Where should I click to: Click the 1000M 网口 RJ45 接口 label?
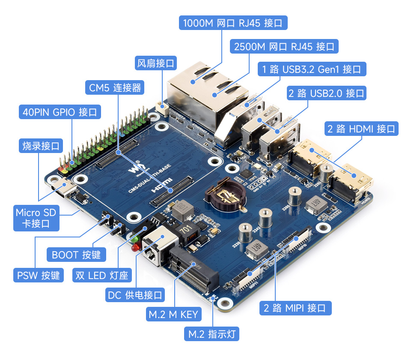pyautogui.click(x=233, y=23)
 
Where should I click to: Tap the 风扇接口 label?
pyautogui.click(x=155, y=63)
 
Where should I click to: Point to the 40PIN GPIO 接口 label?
pyautogui.click(x=60, y=112)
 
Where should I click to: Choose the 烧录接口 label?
pyautogui.click(x=41, y=145)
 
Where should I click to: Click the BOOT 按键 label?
pyautogui.click(x=76, y=255)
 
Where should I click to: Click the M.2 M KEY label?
pyautogui.click(x=173, y=314)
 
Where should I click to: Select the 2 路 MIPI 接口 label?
pyautogui.click(x=295, y=307)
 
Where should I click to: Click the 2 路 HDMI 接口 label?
pyautogui.click(x=362, y=129)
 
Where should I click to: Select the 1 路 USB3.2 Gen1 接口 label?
pyautogui.click(x=312, y=69)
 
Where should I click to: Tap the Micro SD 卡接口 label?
pyautogui.click(x=36, y=218)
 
